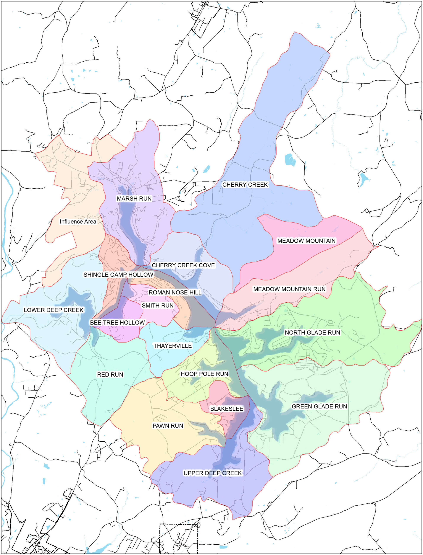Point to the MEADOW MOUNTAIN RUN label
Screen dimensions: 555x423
[x=289, y=289]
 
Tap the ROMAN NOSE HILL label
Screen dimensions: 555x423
[x=175, y=292]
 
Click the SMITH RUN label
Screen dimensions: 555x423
[x=158, y=305]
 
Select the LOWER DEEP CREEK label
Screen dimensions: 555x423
[x=53, y=310]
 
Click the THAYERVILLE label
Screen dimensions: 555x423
[x=173, y=346]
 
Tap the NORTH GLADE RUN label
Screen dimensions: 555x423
[x=312, y=332]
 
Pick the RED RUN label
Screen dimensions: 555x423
[x=110, y=374]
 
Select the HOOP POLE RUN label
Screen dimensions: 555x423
[x=204, y=374]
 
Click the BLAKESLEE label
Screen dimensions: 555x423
[x=227, y=409]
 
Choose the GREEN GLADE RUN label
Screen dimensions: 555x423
[x=319, y=406]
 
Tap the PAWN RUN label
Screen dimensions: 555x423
[x=168, y=426]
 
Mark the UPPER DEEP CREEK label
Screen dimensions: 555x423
[x=213, y=473]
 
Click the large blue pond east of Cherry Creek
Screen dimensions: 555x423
[x=290, y=159]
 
